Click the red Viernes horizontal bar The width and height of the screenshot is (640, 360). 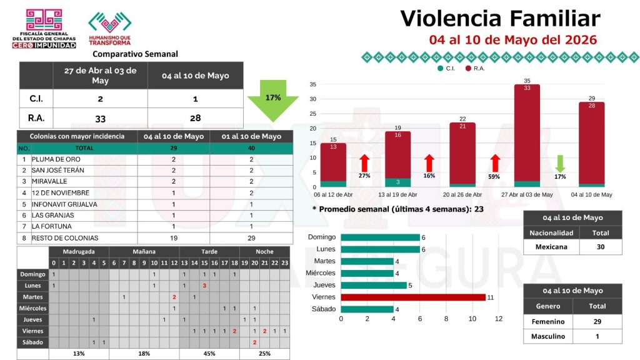(413, 297)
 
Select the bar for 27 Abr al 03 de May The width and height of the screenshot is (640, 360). (527, 136)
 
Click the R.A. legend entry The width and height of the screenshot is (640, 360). (475, 69)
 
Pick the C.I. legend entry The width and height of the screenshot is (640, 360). (446, 69)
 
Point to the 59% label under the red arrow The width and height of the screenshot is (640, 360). (494, 177)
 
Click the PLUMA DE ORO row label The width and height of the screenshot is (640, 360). (56, 159)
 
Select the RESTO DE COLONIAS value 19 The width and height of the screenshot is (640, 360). (174, 238)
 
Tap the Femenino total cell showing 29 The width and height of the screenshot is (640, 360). (597, 322)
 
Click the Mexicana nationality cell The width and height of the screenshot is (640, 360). (551, 247)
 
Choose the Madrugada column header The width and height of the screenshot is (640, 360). (79, 251)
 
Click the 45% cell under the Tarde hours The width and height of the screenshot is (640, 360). (209, 354)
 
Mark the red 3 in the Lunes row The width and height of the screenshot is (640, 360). (204, 286)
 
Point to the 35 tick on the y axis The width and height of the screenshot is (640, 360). (312, 84)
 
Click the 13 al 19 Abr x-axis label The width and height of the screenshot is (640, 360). (397, 195)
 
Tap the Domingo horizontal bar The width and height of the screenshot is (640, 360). (381, 237)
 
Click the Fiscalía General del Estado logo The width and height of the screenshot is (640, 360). (44, 29)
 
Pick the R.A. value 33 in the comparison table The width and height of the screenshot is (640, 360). (101, 118)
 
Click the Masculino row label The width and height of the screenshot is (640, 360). (548, 336)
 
